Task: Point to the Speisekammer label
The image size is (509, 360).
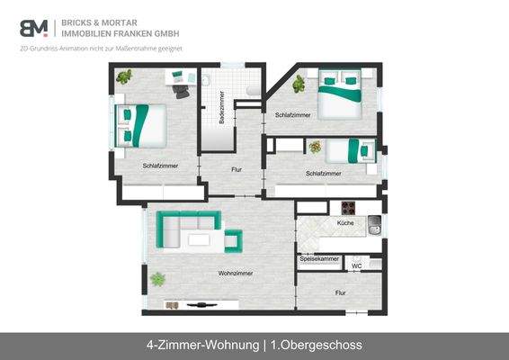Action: click(x=318, y=259)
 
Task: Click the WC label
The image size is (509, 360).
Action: click(x=357, y=266)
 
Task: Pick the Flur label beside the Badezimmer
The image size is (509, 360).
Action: click(x=237, y=169)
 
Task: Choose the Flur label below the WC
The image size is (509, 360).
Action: click(x=341, y=292)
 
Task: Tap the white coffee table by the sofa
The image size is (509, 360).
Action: click(x=200, y=240)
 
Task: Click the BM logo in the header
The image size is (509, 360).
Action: click(x=33, y=27)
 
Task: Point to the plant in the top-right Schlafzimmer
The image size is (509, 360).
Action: click(x=298, y=84)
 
